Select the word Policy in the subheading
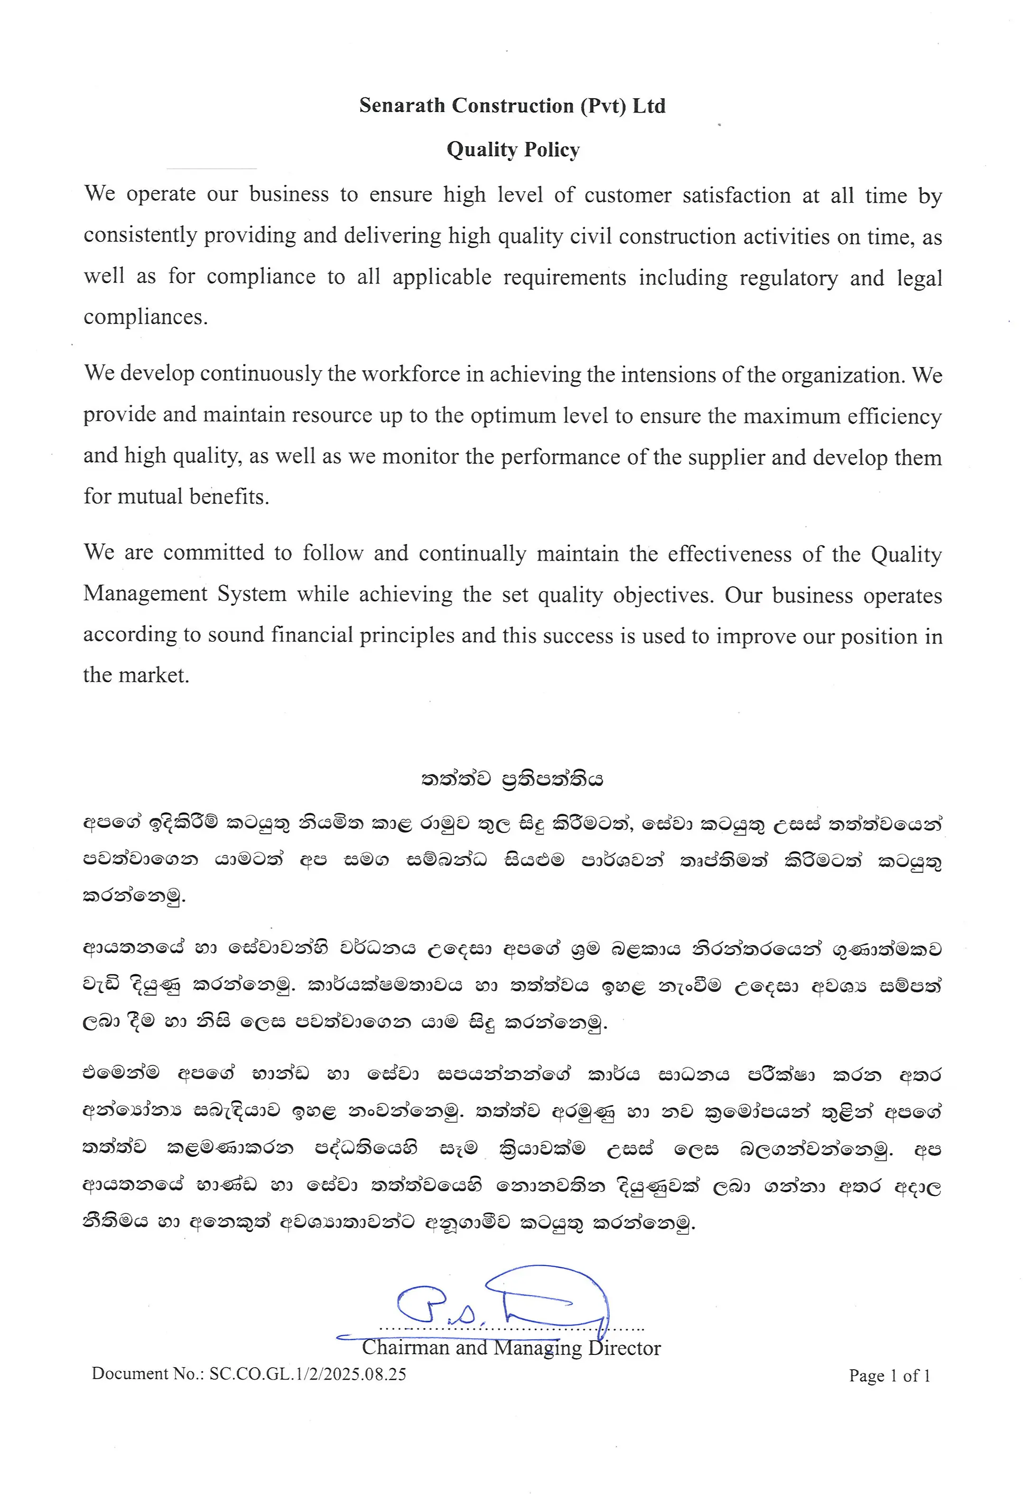551,150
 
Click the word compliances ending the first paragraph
145,317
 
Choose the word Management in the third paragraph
145,593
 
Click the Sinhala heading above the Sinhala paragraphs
512,779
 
